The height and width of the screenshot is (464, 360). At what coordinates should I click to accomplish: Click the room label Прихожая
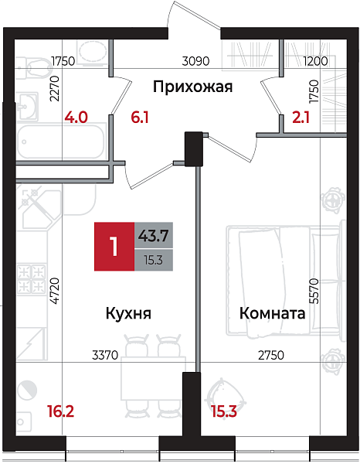pos(192,86)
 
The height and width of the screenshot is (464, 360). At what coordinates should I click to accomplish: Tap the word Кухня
pos(127,314)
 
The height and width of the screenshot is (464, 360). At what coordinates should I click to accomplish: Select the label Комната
pos(273,314)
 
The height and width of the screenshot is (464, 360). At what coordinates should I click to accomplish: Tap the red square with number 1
pos(114,247)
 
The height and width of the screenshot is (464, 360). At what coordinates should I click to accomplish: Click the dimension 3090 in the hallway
pos(194,61)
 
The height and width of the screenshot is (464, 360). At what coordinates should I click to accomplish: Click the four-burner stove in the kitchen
pos(34,276)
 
